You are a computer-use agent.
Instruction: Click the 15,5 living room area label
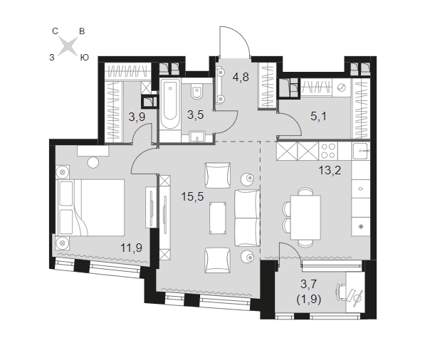(x=192, y=196)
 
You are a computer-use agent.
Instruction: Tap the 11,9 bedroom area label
(x=132, y=248)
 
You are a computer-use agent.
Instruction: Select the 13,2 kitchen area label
(x=330, y=171)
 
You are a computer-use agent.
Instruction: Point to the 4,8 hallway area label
(x=241, y=78)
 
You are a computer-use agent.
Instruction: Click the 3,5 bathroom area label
(x=196, y=115)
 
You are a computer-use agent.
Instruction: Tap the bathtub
(x=170, y=104)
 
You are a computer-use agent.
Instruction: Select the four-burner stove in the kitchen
(x=328, y=150)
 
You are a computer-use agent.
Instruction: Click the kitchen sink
(x=361, y=151)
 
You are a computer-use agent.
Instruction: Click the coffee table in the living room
(x=218, y=218)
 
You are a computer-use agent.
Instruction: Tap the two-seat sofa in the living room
(x=247, y=218)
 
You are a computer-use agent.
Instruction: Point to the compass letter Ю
(x=85, y=58)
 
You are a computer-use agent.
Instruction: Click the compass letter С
(x=55, y=31)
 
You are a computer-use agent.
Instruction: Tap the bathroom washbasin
(x=197, y=136)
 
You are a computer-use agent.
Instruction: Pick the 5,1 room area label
(x=319, y=117)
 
